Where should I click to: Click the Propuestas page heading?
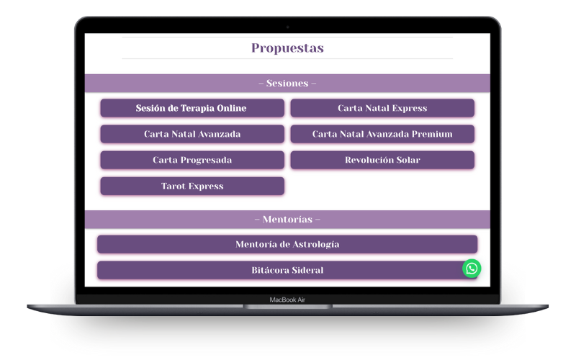tap(287, 48)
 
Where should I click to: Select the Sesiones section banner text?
tap(287, 84)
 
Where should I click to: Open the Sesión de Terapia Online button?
tap(192, 108)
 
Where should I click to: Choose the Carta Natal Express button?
tap(382, 108)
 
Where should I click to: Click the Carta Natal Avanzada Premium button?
tap(382, 134)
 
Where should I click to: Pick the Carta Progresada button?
tap(192, 160)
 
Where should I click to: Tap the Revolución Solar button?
tap(382, 160)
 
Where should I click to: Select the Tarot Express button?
tap(192, 186)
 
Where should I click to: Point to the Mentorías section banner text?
tap(287, 220)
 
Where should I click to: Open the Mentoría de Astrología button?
tap(287, 244)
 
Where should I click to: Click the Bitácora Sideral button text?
tap(287, 271)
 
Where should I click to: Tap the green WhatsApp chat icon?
tap(472, 269)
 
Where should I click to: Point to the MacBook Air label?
tap(287, 300)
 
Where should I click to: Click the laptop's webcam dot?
tap(287, 27)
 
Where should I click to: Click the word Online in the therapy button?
tap(231, 108)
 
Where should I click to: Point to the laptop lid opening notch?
tap(287, 307)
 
